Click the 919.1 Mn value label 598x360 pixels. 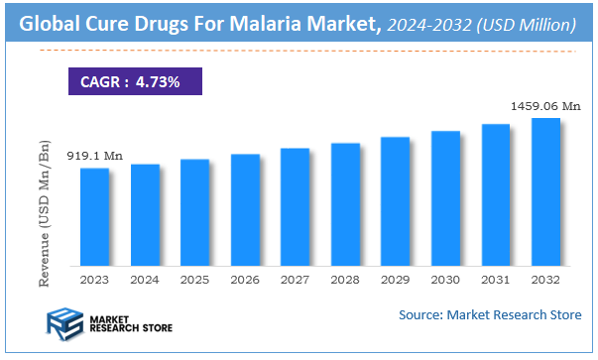93,156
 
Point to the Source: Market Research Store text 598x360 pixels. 490,315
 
